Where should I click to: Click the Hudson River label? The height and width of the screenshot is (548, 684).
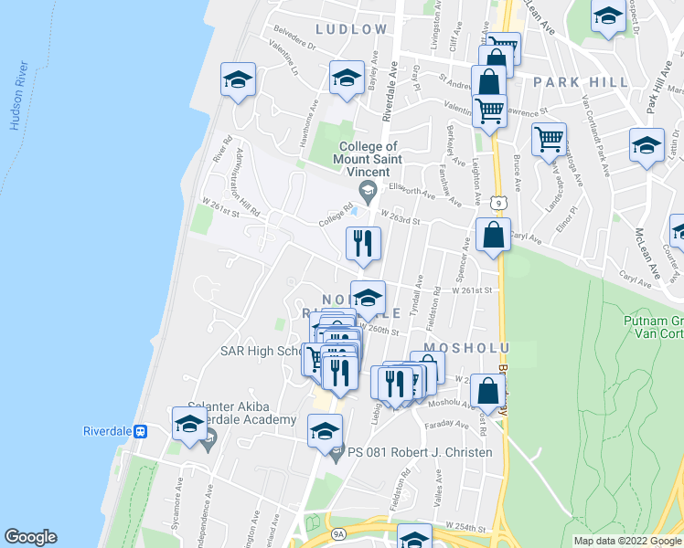pos(17,96)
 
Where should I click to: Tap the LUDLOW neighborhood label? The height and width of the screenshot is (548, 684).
pos(354,29)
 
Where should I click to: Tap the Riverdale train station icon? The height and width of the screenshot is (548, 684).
pos(141,431)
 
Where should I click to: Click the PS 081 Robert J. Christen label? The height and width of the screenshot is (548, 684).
pos(420,453)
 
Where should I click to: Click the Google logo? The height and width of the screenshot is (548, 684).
pos(30,537)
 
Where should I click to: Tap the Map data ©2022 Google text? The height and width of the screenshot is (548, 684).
pos(626,541)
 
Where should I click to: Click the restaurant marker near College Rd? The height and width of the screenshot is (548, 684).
pos(363,243)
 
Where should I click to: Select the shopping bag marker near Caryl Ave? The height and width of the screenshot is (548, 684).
pos(493,234)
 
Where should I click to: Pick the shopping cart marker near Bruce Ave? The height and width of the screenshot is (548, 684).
pos(549,140)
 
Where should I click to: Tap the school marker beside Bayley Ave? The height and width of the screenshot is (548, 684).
pos(347,78)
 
